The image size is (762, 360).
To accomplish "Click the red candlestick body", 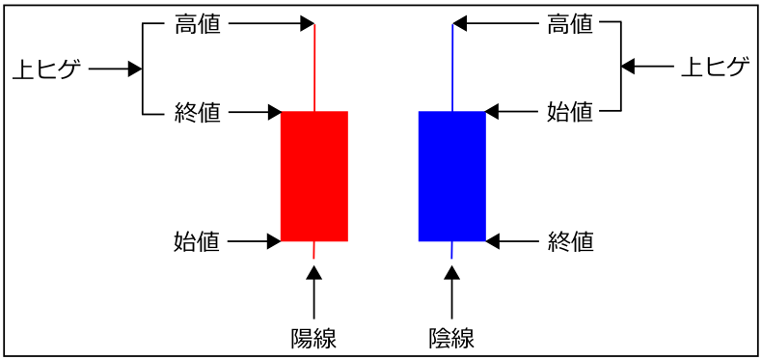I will click(313, 176).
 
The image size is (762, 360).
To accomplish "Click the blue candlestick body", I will click(451, 176).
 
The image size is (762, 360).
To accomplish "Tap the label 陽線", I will click(313, 338).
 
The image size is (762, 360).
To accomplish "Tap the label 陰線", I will click(451, 338).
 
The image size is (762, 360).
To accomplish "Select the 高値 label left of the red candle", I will click(198, 24).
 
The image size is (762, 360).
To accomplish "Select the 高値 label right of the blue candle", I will click(570, 24).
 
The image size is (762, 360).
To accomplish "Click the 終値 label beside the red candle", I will click(198, 113).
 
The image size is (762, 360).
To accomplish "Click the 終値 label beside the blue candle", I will click(570, 240).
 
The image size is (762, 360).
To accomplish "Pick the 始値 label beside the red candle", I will click(198, 240).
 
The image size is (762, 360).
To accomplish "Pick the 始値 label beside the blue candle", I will click(570, 113).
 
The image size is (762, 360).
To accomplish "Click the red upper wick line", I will click(314, 68).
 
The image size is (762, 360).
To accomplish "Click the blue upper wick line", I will click(452, 68).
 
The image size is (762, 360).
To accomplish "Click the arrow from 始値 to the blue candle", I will click(512, 113).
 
